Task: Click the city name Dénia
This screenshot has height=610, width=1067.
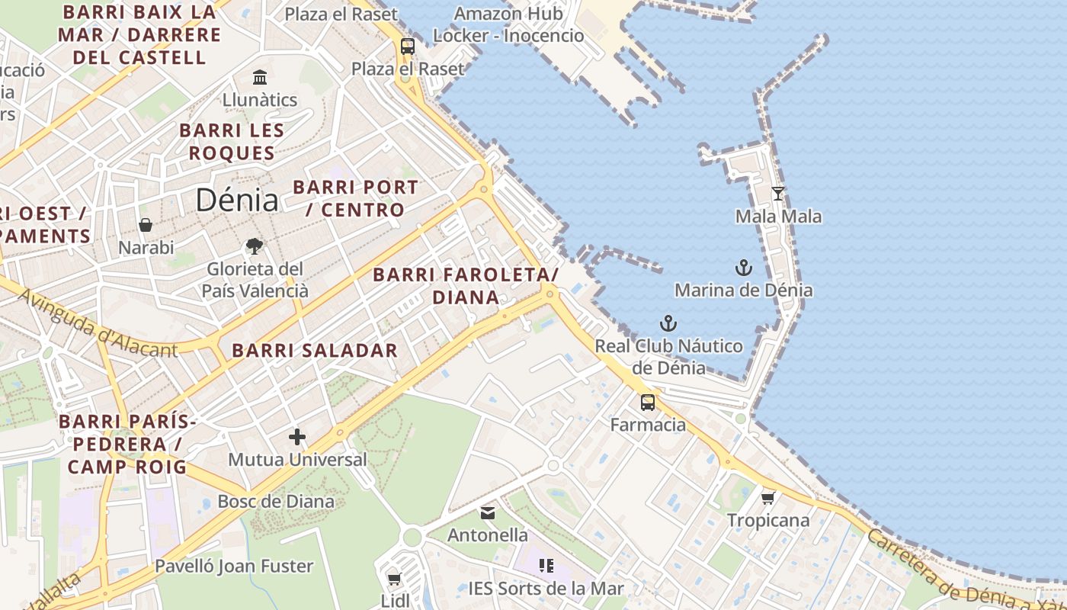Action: click(x=237, y=200)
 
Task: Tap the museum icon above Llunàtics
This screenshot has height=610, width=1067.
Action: click(x=260, y=77)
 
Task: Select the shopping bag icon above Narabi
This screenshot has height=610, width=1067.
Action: click(x=146, y=225)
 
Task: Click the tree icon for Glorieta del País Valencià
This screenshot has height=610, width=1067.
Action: click(x=255, y=246)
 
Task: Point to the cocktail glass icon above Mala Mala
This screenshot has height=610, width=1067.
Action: click(x=777, y=194)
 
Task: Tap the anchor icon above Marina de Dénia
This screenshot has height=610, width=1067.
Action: click(x=743, y=268)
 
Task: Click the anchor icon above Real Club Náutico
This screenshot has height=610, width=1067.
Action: click(x=668, y=323)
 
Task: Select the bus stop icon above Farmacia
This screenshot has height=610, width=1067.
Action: click(x=648, y=402)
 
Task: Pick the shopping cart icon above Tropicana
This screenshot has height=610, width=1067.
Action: click(x=767, y=498)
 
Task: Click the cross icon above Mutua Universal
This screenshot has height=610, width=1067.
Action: click(x=297, y=437)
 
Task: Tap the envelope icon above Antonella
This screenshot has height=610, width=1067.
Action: click(x=488, y=513)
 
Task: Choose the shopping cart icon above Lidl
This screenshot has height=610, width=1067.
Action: click(x=394, y=579)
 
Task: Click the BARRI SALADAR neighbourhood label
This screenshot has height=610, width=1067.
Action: click(x=315, y=351)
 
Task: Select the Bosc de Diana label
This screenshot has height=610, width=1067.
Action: click(x=276, y=501)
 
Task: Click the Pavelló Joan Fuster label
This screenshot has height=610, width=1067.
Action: click(x=234, y=566)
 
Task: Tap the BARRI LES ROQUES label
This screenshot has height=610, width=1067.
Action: click(x=232, y=141)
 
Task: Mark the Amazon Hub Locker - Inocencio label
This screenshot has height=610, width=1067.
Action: click(x=508, y=24)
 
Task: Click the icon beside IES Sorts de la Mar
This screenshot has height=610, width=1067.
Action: click(x=546, y=565)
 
